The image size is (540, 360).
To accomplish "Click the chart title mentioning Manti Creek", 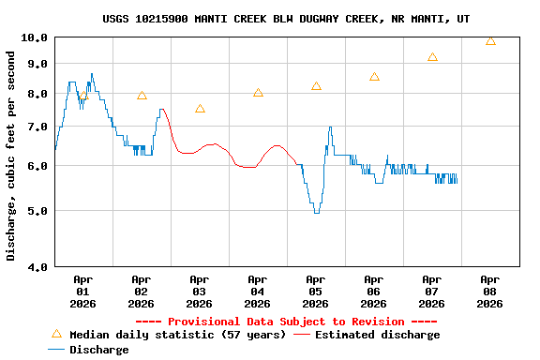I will click(x=287, y=19).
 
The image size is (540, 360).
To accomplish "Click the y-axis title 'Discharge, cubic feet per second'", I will click(x=11, y=157).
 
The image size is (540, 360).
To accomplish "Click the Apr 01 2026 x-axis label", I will click(x=82, y=291).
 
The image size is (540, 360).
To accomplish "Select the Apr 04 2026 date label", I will click(x=257, y=291).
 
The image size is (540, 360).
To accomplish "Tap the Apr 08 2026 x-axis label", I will click(x=489, y=291).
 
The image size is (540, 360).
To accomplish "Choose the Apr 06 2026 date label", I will click(x=373, y=291).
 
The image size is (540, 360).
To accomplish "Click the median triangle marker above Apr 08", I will click(x=490, y=40).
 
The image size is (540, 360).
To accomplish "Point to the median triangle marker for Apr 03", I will click(x=200, y=109).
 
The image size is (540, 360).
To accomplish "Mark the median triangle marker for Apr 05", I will click(x=316, y=86).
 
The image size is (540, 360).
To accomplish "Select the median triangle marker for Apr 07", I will click(x=432, y=57).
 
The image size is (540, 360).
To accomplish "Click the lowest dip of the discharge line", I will click(x=316, y=213).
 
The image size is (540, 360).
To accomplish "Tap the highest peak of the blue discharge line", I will click(x=92, y=74).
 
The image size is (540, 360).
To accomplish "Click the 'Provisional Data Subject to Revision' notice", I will click(x=286, y=322).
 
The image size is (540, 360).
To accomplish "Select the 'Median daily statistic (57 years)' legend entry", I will click(x=169, y=335).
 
